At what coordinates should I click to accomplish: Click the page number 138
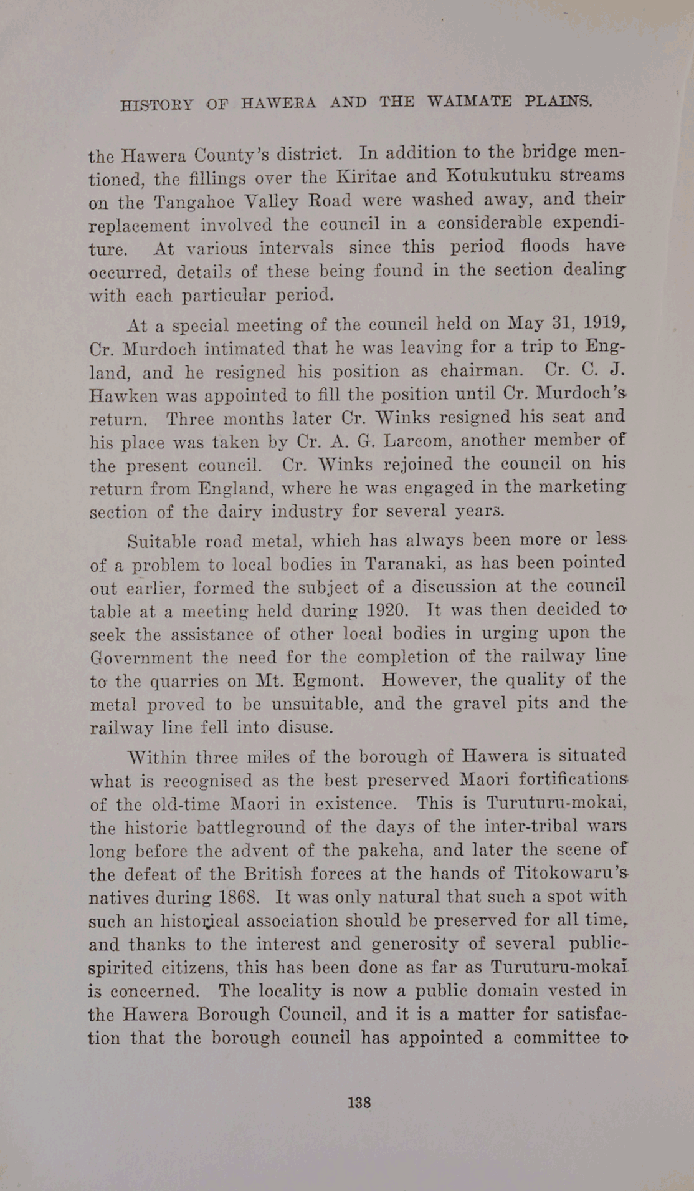[359, 1102]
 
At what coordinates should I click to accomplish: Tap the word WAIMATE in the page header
[470, 101]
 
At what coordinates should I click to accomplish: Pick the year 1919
[602, 323]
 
